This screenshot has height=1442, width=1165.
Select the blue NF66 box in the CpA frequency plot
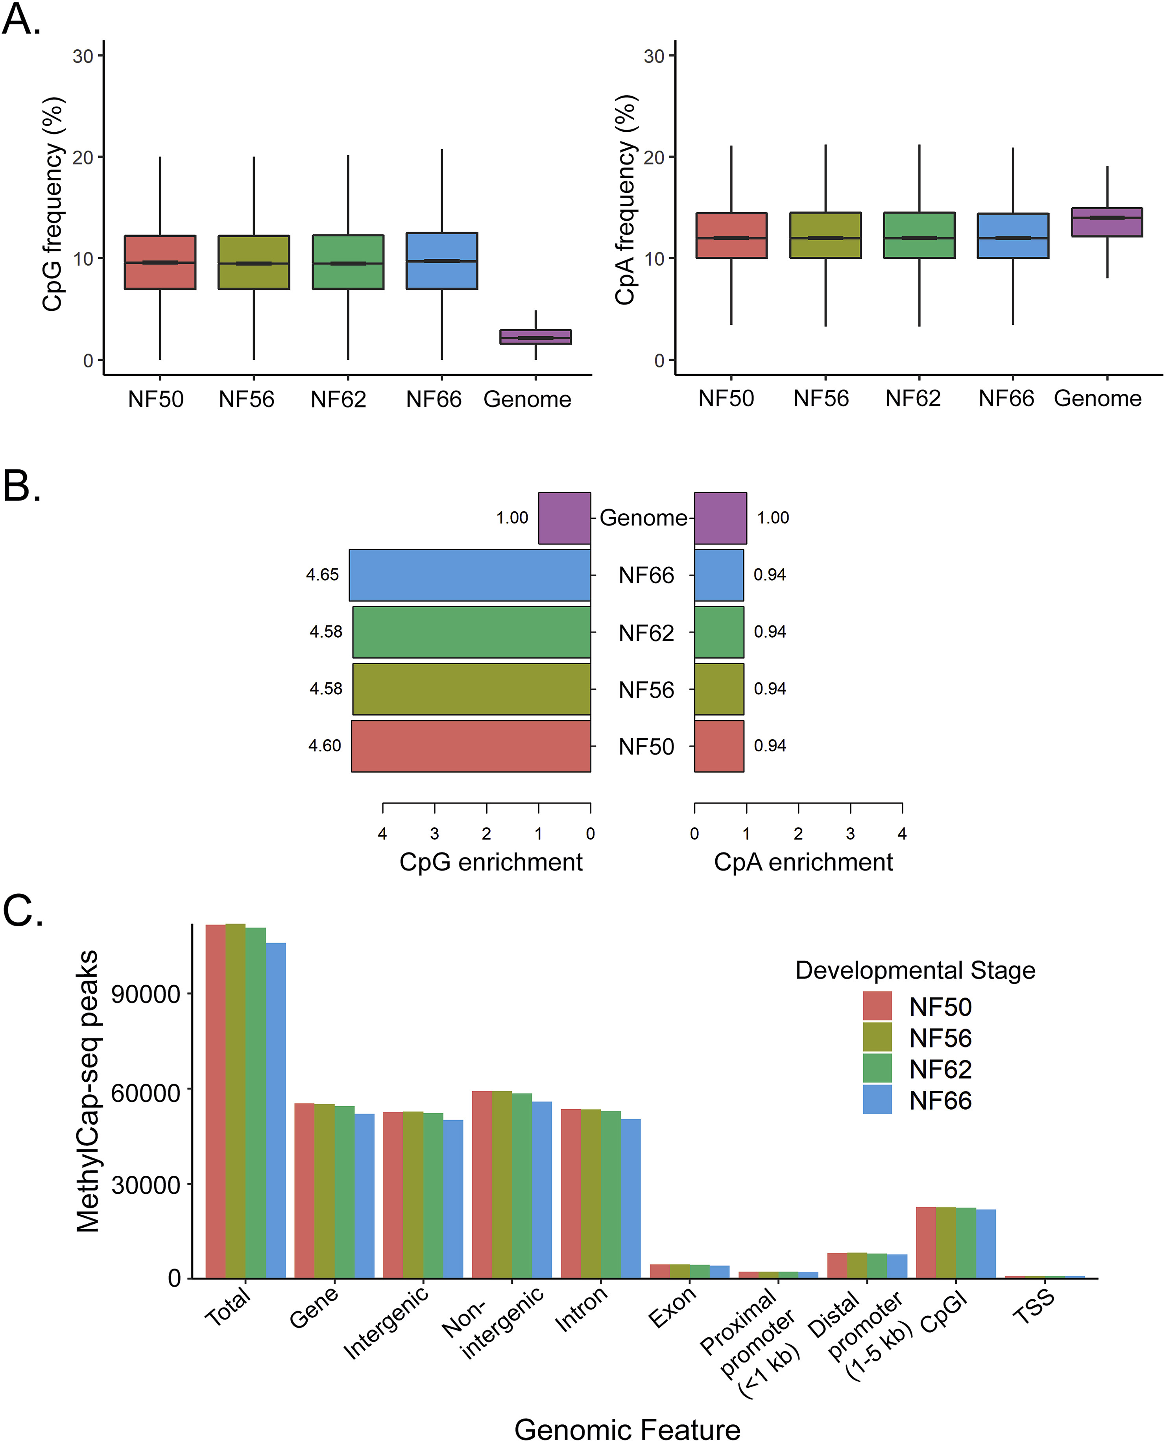click(1013, 236)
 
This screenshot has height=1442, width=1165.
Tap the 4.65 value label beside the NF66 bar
click(322, 575)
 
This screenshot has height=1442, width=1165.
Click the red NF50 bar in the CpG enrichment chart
click(471, 746)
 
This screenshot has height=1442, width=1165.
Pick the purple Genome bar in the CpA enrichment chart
click(720, 518)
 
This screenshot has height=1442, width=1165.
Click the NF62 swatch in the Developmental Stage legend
click(877, 1069)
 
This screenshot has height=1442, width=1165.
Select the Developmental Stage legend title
click(915, 970)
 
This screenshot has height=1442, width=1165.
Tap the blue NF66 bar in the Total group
click(275, 1110)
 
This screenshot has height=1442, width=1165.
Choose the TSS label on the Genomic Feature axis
click(1034, 1307)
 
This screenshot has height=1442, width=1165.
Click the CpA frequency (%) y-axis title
click(626, 200)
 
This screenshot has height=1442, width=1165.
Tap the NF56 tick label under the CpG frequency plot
click(246, 399)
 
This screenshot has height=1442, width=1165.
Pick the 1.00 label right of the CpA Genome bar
click(772, 518)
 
